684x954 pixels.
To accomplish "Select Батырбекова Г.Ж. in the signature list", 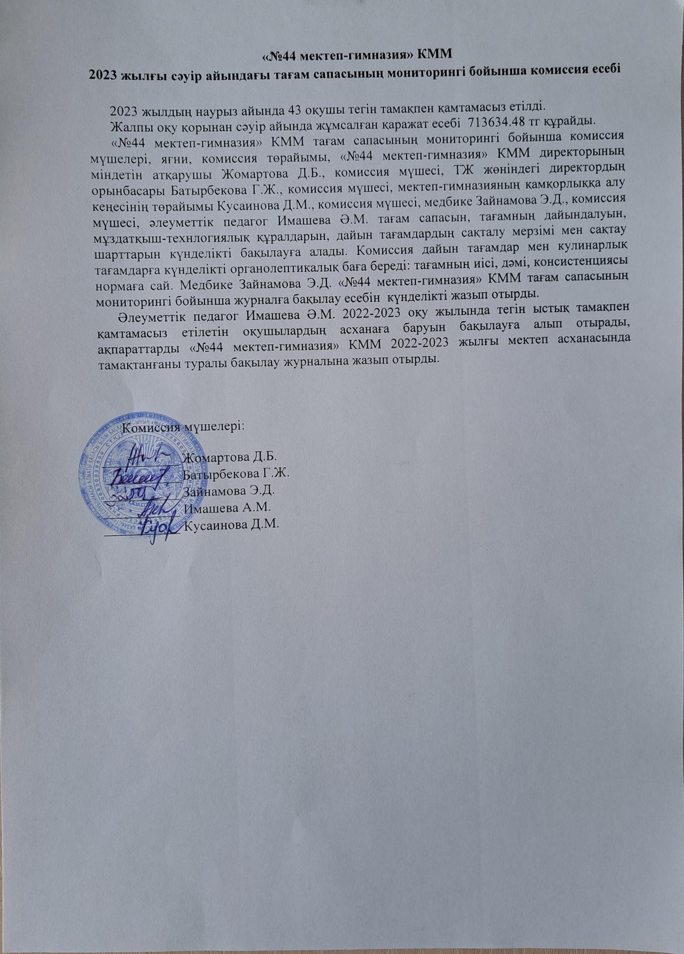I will (x=236, y=474).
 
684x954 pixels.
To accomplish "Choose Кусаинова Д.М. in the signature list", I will (x=231, y=524).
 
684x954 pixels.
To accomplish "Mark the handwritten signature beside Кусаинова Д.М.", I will (x=156, y=527).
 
